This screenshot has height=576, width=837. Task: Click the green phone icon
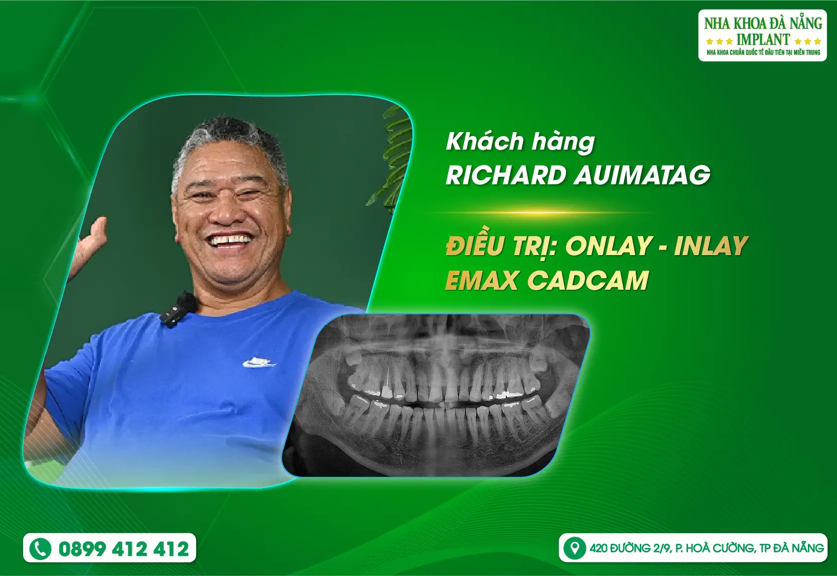(x=41, y=548)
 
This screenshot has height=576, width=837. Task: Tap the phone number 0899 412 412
(x=123, y=549)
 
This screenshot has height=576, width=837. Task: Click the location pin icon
(x=574, y=547)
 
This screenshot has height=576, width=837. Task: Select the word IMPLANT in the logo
(x=763, y=39)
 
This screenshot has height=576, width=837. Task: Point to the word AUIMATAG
(x=642, y=175)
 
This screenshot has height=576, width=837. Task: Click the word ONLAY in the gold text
(x=609, y=246)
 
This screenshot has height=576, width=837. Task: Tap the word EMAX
(x=482, y=281)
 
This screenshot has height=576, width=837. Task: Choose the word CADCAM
(x=588, y=281)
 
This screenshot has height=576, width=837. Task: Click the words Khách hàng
(x=520, y=142)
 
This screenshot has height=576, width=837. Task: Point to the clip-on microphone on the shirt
(x=178, y=308)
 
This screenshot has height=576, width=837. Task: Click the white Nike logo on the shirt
(x=258, y=362)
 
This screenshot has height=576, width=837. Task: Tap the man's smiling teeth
(x=230, y=240)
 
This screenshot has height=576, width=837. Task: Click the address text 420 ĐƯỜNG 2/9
(x=630, y=548)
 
